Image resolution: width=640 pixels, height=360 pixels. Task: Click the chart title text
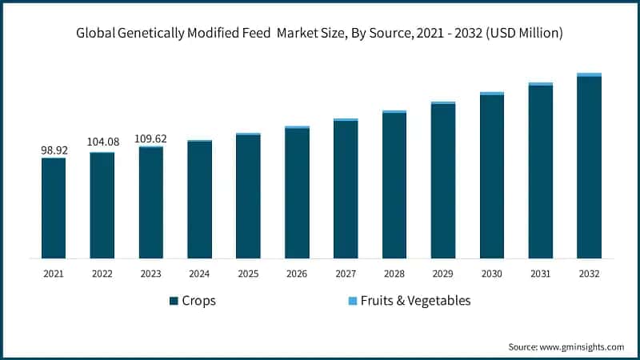(x=319, y=34)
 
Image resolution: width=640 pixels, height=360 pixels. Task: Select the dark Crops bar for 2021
(x=54, y=208)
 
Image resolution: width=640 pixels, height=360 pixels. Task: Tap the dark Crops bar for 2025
(x=248, y=196)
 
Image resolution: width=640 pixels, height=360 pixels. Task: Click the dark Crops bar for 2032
(x=589, y=167)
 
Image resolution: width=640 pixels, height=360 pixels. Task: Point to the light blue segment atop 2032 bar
(x=589, y=74)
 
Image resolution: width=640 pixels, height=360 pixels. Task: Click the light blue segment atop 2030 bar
(x=492, y=94)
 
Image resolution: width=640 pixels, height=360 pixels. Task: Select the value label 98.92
(x=54, y=150)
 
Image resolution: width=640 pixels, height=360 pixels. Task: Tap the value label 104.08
(x=102, y=142)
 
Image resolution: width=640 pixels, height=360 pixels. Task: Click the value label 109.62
(x=151, y=138)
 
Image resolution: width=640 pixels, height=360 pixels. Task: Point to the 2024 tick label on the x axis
(x=199, y=274)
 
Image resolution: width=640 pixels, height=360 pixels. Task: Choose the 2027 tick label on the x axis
(x=346, y=274)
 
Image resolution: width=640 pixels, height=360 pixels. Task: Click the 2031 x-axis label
(x=540, y=274)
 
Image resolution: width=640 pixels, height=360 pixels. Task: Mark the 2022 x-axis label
(x=102, y=274)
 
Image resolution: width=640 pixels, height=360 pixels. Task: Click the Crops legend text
(x=199, y=301)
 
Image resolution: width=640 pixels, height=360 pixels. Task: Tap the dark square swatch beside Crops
(x=173, y=302)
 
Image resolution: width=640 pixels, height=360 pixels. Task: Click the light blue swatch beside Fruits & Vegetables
(x=352, y=302)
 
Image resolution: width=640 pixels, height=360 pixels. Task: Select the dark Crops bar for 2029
(x=443, y=181)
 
